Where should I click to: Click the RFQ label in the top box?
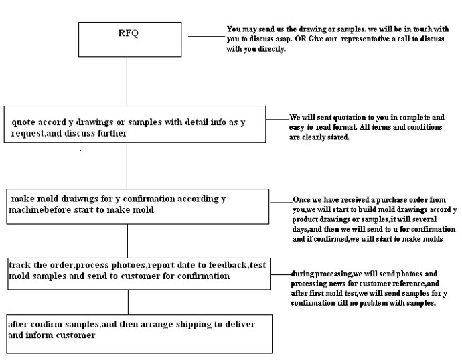click(x=128, y=33)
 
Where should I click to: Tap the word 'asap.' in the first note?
click(x=283, y=39)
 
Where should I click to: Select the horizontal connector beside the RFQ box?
click(x=206, y=37)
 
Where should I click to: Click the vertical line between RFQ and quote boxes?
click(x=127, y=81)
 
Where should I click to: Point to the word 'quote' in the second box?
click(x=23, y=122)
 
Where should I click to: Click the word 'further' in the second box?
click(x=112, y=133)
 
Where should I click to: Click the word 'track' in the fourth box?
click(x=19, y=265)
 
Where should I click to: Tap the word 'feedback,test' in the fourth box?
click(x=237, y=265)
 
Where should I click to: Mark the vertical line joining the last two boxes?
click(x=128, y=302)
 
